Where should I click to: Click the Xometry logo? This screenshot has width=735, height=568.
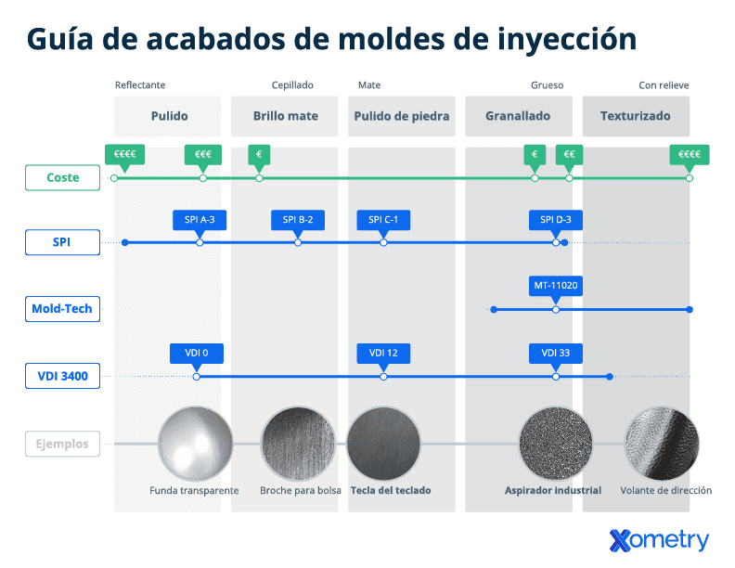pos(659,539)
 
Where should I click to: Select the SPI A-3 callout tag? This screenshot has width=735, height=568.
pos(200,220)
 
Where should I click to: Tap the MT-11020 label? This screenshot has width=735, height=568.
pos(556,286)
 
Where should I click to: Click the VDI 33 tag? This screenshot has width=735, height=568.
pos(556,353)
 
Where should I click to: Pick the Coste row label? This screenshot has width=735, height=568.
pos(62,177)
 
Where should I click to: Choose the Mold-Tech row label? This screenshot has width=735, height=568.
pos(62,309)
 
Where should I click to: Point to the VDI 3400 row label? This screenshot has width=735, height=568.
pos(62,376)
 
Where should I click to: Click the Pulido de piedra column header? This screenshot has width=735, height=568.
pos(401,116)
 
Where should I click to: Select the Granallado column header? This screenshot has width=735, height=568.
pos(518,116)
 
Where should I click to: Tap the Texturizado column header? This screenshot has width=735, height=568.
pos(636,116)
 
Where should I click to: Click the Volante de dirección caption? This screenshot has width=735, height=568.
pos(665,490)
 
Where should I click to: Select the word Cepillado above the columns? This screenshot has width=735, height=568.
pos(292,85)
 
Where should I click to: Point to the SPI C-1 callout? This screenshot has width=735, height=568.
pos(383,220)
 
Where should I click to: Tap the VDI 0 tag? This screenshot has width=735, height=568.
pos(196,353)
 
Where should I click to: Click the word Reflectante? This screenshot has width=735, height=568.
pos(140,85)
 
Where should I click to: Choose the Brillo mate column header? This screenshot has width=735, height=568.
pos(286,116)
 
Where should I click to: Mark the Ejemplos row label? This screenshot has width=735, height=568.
pos(62,444)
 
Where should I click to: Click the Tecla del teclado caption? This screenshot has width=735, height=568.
pos(391,490)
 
